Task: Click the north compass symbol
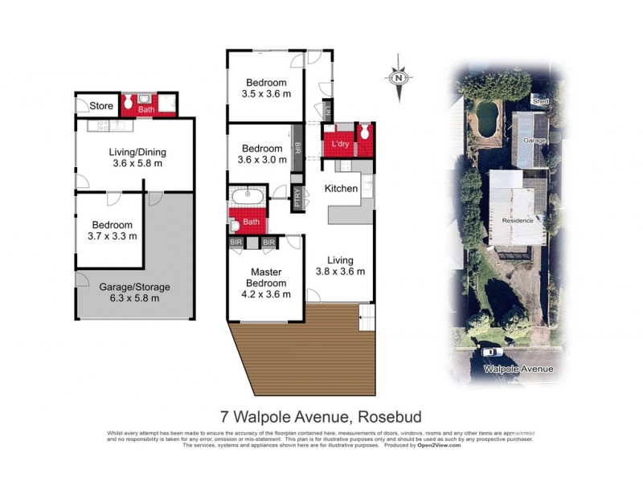coord(398,79)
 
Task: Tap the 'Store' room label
coord(101,105)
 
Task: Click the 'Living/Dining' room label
coord(136,150)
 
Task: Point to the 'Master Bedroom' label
coord(268,277)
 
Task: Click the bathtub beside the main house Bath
coord(246,197)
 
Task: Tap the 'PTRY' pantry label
coord(297,198)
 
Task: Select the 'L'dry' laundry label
coord(338,145)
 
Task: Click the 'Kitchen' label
coord(341,188)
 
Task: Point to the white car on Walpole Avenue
coord(489,351)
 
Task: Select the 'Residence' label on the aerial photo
coord(517,220)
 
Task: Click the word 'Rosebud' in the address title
coord(389,416)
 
